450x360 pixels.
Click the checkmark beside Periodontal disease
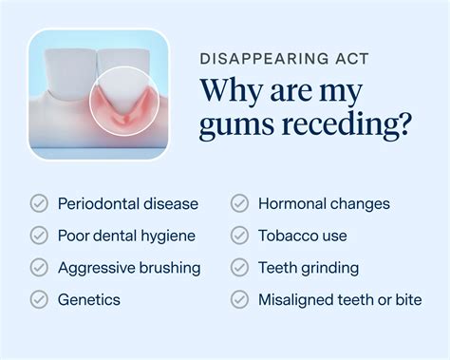(x=39, y=203)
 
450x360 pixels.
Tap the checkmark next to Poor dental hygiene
(x=39, y=236)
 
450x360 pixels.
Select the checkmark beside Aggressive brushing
(x=39, y=268)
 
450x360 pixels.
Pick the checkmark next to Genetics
(x=39, y=300)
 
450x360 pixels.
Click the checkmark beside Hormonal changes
(x=240, y=203)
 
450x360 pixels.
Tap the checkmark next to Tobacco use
(x=240, y=236)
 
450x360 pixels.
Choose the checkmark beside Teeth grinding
(x=240, y=268)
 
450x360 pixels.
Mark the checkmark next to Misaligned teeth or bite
(x=240, y=300)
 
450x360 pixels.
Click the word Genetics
(x=89, y=300)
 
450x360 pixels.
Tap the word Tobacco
(x=288, y=236)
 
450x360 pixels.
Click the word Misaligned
(x=298, y=300)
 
